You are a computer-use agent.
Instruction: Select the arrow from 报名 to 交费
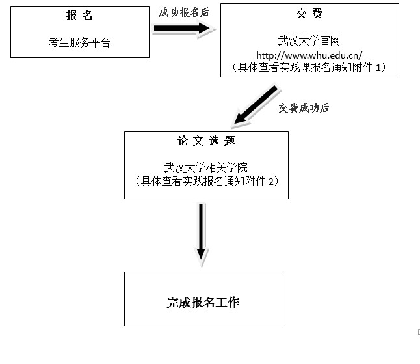click(x=182, y=29)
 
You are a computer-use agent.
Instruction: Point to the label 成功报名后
click(x=184, y=12)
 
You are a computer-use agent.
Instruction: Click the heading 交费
click(x=309, y=14)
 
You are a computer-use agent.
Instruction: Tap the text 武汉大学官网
click(x=309, y=40)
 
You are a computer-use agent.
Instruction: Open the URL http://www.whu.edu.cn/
click(x=309, y=54)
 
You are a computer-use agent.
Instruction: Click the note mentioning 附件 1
click(x=309, y=67)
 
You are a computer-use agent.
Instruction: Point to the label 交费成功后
click(x=303, y=108)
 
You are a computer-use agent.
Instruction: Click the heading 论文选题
click(x=206, y=141)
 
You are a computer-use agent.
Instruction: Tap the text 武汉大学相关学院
click(x=206, y=167)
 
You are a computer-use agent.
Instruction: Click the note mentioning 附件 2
click(x=206, y=180)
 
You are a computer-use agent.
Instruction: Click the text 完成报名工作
click(x=202, y=302)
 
